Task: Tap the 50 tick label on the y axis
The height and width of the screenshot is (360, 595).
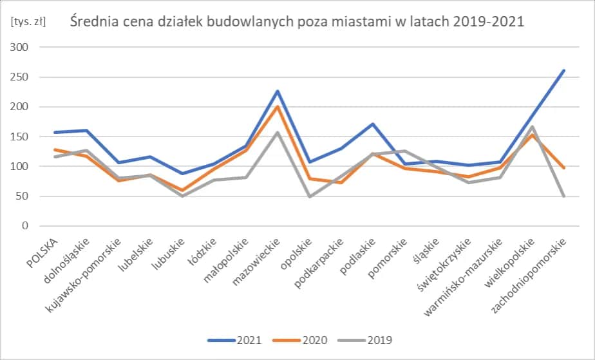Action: pos(23,196)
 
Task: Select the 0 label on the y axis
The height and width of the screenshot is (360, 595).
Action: pos(26,226)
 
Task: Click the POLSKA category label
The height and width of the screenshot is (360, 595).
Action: pos(46,248)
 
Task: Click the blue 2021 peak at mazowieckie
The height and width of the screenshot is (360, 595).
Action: pos(278,91)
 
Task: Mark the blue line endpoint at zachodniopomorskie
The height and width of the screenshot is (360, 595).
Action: pos(564,70)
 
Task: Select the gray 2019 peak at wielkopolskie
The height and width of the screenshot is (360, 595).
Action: pos(533,127)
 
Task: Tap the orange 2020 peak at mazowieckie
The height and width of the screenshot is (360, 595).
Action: pos(278,107)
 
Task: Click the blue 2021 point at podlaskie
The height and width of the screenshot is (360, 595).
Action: pos(373,124)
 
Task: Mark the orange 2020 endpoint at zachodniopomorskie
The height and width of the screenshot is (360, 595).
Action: pos(564,168)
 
